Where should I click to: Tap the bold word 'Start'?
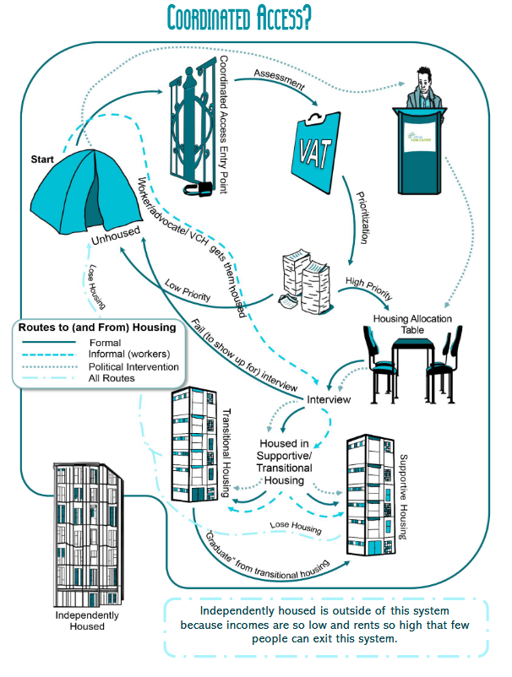pyautogui.click(x=44, y=159)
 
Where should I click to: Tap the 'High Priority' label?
pyautogui.click(x=368, y=287)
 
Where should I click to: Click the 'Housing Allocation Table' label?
pyautogui.click(x=413, y=324)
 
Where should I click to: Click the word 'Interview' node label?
pyautogui.click(x=329, y=398)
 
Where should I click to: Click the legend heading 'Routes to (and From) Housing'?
pyautogui.click(x=96, y=327)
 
